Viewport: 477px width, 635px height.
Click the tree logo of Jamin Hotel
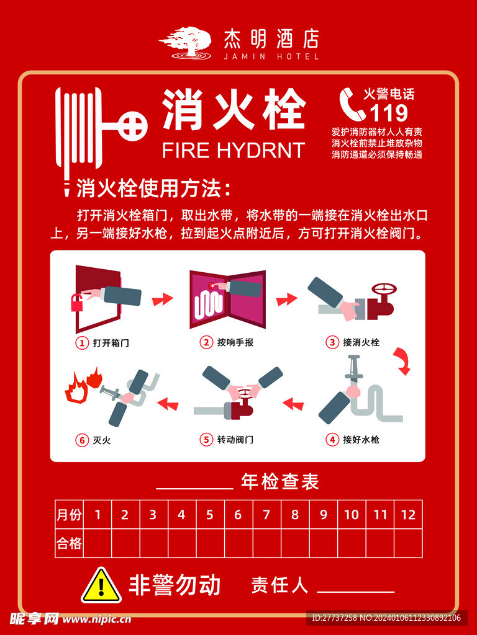[185, 43]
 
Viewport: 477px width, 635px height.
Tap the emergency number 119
[389, 113]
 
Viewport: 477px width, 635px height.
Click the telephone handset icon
[352, 104]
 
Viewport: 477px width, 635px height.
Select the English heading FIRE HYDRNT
[233, 150]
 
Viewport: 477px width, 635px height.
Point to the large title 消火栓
[234, 110]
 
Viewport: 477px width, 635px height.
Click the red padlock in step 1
[78, 303]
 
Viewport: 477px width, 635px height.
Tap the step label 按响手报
[235, 342]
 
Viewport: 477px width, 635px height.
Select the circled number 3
[332, 342]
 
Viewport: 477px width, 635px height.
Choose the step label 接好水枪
[361, 440]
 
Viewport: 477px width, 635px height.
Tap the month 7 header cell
[266, 514]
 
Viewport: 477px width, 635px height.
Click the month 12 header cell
[408, 514]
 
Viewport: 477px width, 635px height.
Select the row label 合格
[69, 544]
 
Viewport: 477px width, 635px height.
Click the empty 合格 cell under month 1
[97, 544]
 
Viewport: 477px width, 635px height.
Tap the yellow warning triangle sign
[101, 585]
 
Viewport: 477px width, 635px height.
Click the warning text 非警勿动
[175, 585]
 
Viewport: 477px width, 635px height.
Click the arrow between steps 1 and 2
[163, 299]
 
